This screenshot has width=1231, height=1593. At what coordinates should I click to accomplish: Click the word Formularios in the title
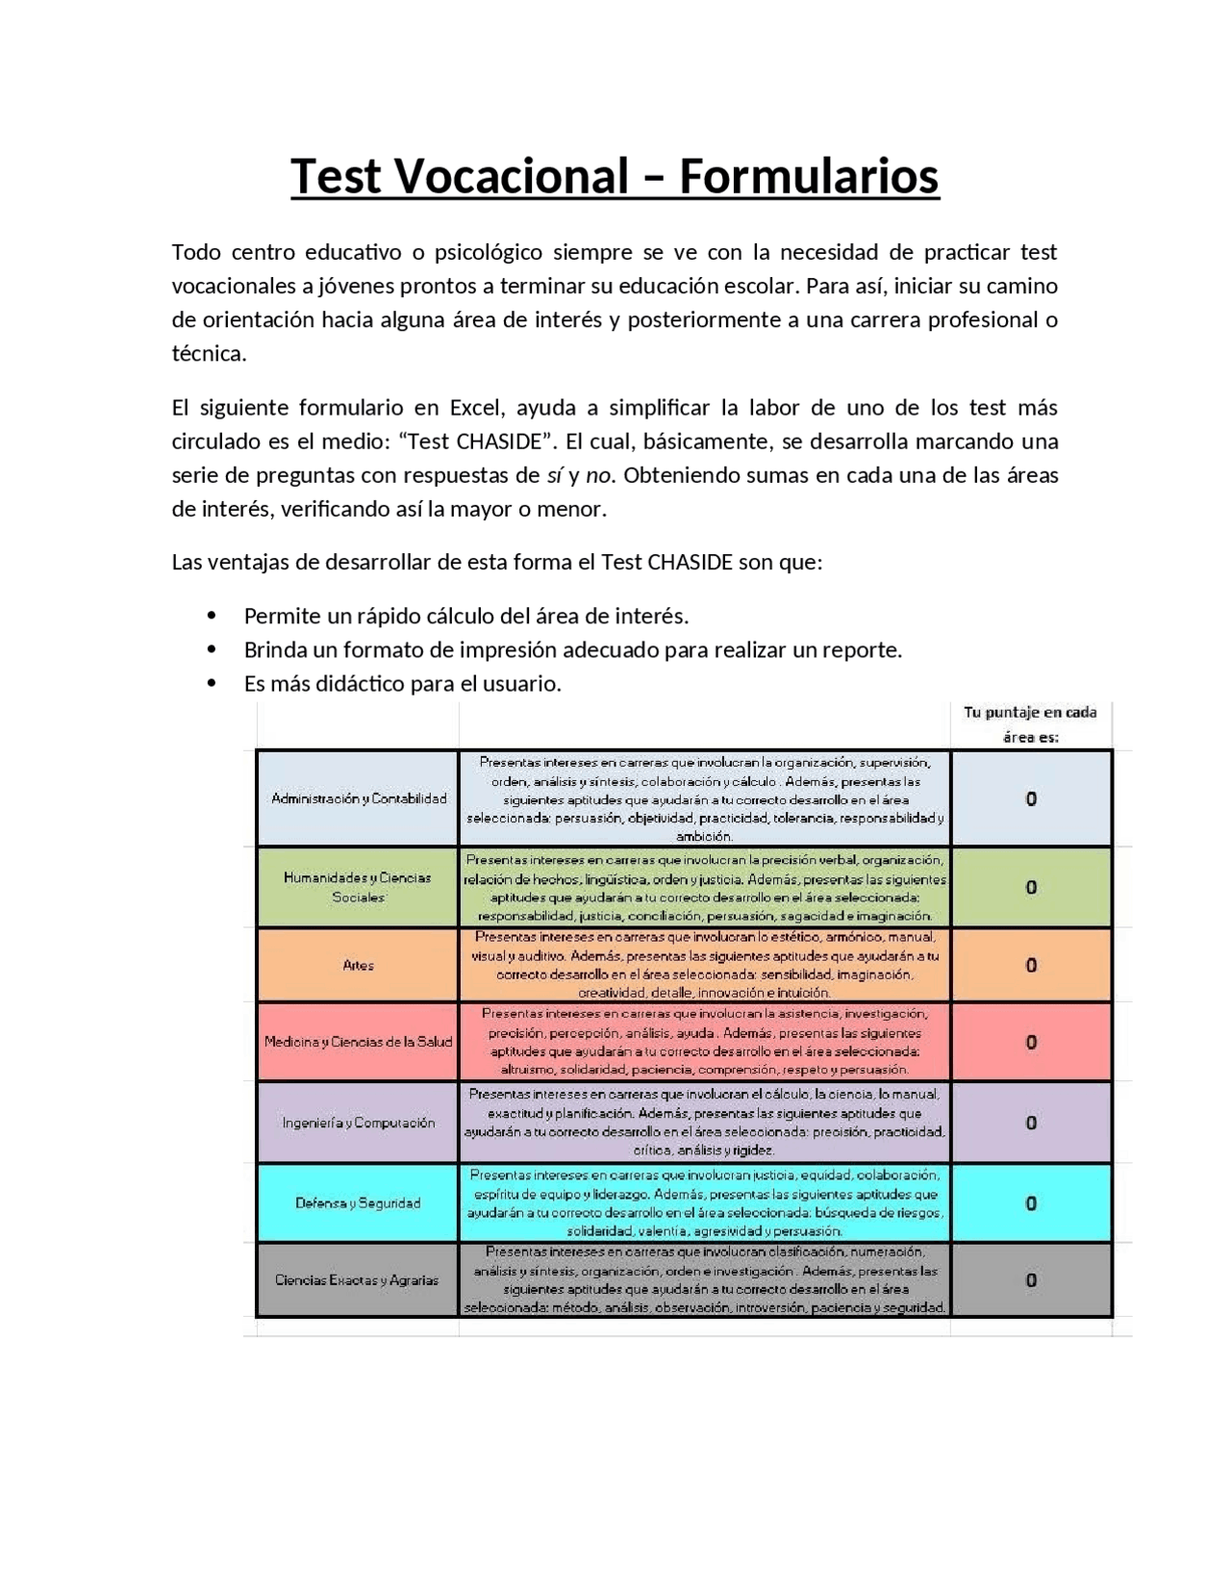pos(809,176)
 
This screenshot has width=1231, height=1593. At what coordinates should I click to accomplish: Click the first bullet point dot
pos(212,616)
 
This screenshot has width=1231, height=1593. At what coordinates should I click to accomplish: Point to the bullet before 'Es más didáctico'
pos(212,684)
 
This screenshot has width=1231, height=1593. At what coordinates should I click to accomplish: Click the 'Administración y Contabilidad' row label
pos(359,798)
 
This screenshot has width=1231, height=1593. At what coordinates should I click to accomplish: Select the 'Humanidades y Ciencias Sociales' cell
pos(358,887)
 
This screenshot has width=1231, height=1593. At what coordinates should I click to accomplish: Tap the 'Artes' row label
pos(358,965)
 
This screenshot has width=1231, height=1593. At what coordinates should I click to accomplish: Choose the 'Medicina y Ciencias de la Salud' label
pos(358,1042)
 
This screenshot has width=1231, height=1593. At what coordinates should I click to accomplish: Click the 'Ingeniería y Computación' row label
pos(358,1123)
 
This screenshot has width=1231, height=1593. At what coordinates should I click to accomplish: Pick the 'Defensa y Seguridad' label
pos(358,1202)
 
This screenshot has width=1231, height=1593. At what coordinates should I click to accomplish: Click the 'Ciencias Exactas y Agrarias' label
pos(357,1280)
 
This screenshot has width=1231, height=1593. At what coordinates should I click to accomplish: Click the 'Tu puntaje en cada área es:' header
pos(1030,724)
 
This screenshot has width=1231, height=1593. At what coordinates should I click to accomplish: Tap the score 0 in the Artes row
pos(1031,965)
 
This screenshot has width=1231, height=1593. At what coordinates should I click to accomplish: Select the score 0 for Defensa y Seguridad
pos(1031,1202)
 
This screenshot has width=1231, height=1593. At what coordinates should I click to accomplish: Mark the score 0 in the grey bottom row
pos(1031,1280)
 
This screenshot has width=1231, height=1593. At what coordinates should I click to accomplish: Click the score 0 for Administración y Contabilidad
pos(1031,798)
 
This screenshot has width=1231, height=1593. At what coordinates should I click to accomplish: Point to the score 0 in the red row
pos(1031,1042)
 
